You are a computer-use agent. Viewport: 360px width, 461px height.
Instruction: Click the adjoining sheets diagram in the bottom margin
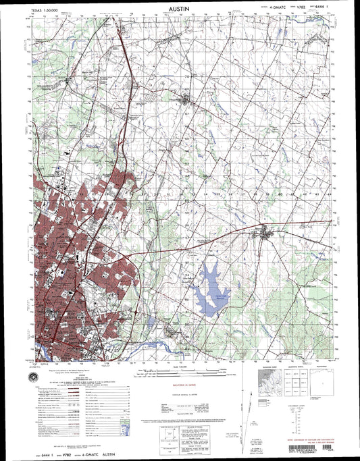pyautogui.click(x=281, y=382)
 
